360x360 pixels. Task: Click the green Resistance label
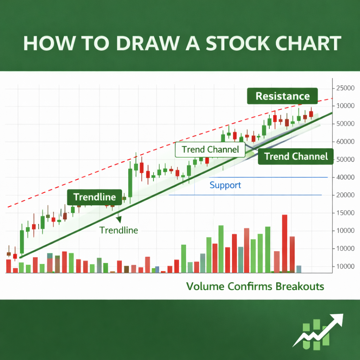coord(282,96)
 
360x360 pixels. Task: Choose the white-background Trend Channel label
coord(210,150)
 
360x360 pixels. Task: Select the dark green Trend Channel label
coord(296,156)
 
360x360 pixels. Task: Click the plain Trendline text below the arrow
coord(118,230)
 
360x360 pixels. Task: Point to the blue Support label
coord(225,185)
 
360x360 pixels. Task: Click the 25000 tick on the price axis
coord(345,88)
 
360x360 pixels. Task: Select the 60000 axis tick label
coord(345,142)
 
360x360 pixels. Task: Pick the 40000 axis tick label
coord(345,177)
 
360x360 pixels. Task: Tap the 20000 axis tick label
coord(345,195)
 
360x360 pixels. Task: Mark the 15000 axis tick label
coord(345,213)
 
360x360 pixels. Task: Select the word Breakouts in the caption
coord(300,286)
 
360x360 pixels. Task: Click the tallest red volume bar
coord(284,243)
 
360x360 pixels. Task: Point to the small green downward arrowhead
coord(119,219)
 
